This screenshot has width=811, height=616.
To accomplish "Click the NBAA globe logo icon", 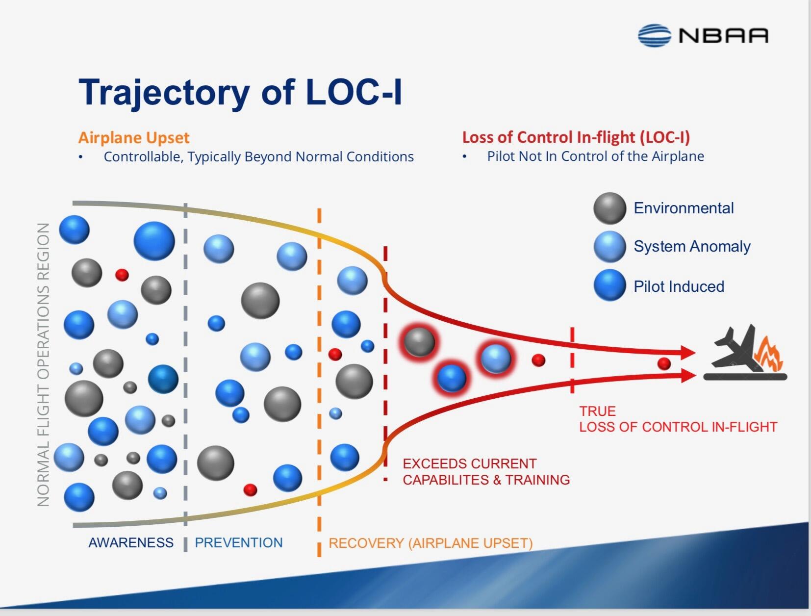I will pyautogui.click(x=654, y=36).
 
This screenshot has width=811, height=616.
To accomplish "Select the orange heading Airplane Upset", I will pyautogui.click(x=134, y=138).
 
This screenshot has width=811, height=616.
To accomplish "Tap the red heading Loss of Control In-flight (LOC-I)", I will pyautogui.click(x=576, y=137).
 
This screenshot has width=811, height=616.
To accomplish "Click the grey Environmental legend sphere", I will pyautogui.click(x=609, y=208).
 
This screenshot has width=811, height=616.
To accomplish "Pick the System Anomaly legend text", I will pyautogui.click(x=691, y=246).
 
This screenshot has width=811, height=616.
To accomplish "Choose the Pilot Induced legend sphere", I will pyautogui.click(x=609, y=285).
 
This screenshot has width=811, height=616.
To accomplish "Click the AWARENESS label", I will pyautogui.click(x=131, y=542).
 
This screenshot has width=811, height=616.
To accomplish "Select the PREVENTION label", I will pyautogui.click(x=239, y=542).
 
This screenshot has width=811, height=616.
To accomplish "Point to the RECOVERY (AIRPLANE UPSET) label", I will pyautogui.click(x=430, y=543).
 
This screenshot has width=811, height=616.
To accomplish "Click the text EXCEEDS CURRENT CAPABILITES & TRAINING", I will pyautogui.click(x=486, y=472).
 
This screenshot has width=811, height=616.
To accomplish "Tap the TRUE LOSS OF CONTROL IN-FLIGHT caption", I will pyautogui.click(x=678, y=419).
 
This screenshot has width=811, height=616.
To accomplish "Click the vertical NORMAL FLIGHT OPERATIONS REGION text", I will pyautogui.click(x=44, y=364).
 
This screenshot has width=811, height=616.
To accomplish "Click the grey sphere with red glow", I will pyautogui.click(x=419, y=341).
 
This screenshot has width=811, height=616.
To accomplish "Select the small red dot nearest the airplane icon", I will pyautogui.click(x=664, y=363).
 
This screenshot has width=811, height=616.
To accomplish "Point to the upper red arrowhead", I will pyautogui.click(x=687, y=352).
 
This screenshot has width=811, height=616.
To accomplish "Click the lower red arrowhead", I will pyautogui.click(x=687, y=376).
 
